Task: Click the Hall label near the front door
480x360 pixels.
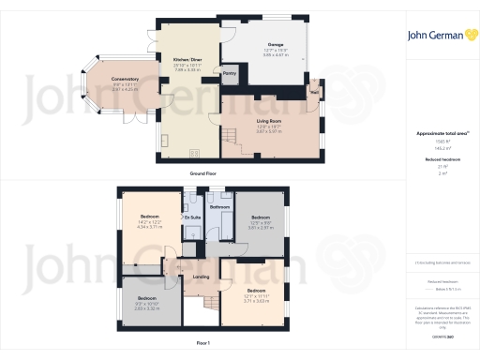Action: [315, 91]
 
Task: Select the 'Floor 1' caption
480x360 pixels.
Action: [203, 344]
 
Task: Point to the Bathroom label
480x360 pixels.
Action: [220, 206]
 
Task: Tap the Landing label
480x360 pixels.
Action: [200, 276]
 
